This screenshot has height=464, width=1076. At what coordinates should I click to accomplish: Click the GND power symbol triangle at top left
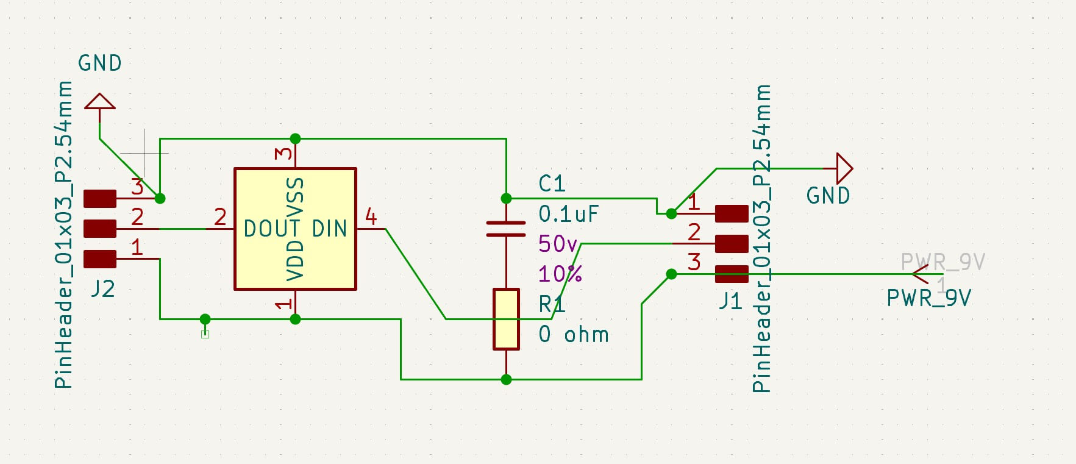pos(99,102)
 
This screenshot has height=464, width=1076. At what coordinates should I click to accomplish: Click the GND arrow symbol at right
pos(844,168)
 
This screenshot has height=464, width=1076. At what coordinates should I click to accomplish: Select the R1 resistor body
pos(506,319)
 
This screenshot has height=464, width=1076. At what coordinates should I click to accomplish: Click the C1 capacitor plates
pos(506,229)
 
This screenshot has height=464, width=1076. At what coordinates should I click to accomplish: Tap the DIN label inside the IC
pos(329,229)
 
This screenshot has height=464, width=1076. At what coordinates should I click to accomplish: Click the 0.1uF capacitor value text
pos(568,214)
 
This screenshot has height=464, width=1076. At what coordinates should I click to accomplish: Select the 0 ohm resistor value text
pos(573,335)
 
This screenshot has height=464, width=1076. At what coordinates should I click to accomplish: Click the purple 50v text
pos(557,244)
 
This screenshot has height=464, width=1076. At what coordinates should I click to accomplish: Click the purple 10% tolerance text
pos(560,274)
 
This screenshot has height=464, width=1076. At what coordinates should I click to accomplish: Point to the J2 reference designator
pos(103,288)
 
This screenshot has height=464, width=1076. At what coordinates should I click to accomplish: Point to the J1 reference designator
pos(730,301)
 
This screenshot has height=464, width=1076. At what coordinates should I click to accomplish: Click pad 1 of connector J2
pos(99,259)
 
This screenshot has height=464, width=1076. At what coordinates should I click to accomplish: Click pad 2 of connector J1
pos(732,244)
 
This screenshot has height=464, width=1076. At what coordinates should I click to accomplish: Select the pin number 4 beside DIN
pos(371,216)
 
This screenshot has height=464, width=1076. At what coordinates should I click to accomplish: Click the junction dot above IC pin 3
pos(295,138)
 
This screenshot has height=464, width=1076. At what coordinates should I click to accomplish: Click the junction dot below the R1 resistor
pos(506,379)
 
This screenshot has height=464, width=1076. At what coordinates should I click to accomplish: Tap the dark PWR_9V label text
pos(928,298)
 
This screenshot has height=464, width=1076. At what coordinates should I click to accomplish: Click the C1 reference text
pos(552,184)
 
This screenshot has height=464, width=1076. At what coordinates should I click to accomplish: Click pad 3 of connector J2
pos(99,199)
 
